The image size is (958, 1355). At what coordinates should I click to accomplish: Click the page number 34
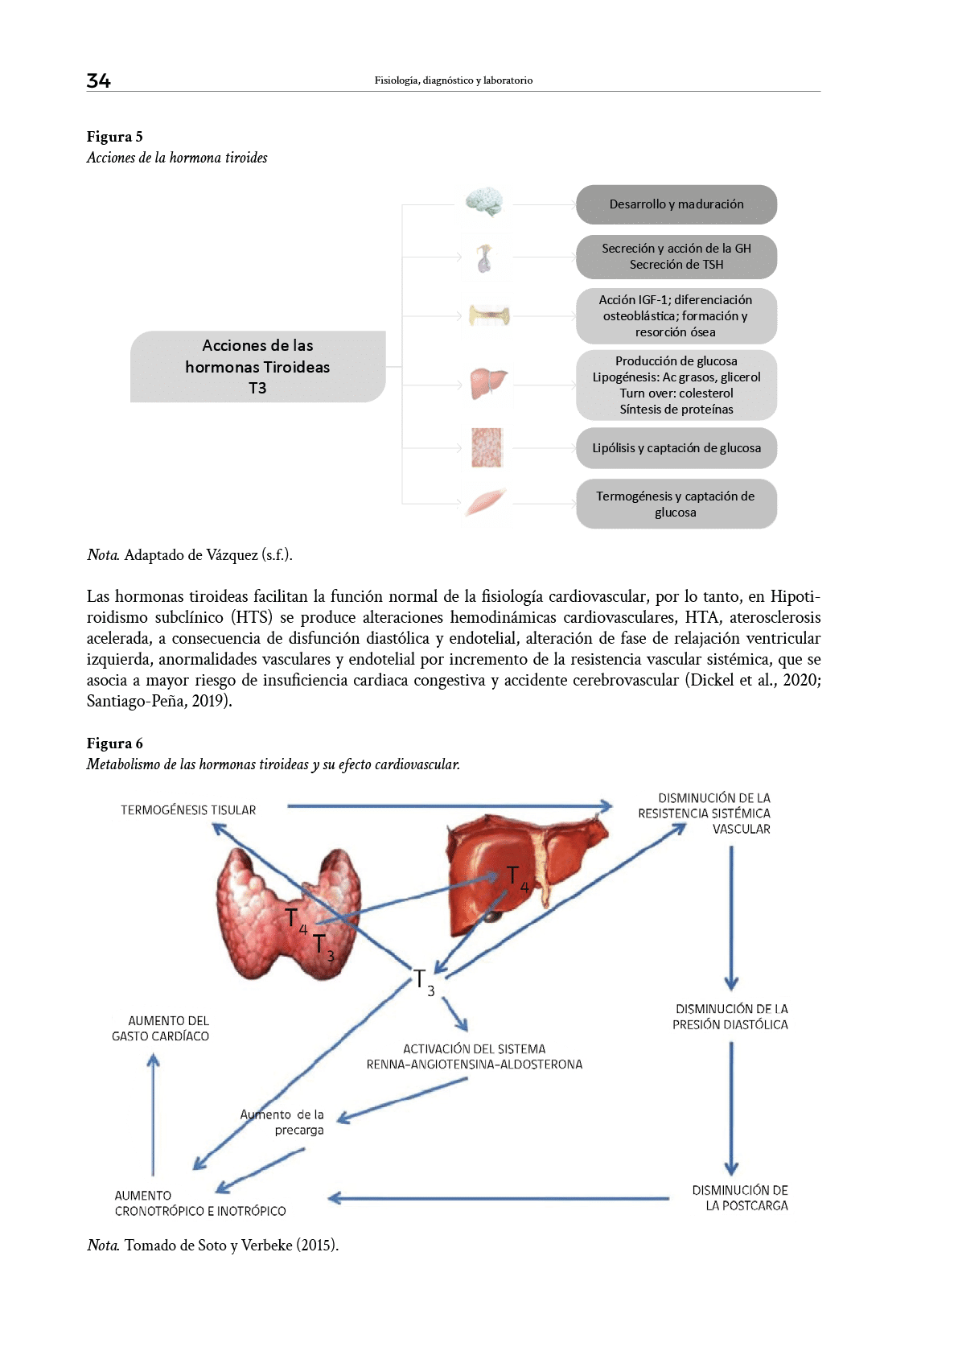click(98, 80)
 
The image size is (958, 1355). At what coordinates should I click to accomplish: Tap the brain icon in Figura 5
click(483, 204)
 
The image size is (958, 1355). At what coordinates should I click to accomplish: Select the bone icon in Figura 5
click(487, 315)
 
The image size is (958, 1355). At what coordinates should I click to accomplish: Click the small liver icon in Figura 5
click(487, 384)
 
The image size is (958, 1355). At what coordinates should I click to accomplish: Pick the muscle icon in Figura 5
click(487, 503)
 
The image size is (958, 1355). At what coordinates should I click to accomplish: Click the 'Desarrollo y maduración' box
click(676, 204)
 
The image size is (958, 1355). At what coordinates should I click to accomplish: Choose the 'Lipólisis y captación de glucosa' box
click(676, 448)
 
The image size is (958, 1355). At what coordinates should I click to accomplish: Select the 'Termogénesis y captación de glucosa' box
click(676, 504)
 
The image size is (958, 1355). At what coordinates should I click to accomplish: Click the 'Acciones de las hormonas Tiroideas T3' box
click(257, 367)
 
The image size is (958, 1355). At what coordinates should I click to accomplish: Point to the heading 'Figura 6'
click(115, 743)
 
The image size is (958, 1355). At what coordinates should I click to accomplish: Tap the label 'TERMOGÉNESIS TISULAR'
click(188, 810)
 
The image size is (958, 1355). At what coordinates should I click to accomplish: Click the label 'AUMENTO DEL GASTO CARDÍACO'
click(161, 1028)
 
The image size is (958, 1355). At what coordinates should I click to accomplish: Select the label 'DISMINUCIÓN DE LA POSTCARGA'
click(740, 1197)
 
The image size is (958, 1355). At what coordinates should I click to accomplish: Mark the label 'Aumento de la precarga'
click(283, 1122)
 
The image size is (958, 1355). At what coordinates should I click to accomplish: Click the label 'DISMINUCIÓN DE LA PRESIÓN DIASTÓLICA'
click(730, 1016)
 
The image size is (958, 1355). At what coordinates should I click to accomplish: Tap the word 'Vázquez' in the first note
click(232, 554)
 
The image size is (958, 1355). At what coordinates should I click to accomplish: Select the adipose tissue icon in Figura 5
click(487, 447)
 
